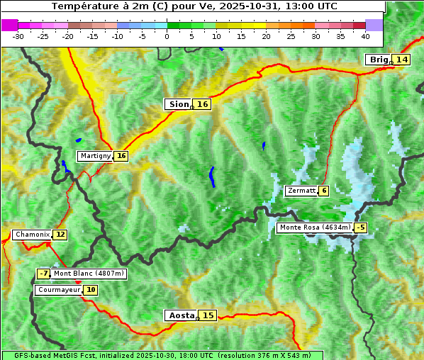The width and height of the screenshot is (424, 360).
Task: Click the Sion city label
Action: point(178,104)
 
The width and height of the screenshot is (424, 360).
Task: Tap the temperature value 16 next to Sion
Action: point(203,104)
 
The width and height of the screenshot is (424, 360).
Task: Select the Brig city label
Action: point(379,60)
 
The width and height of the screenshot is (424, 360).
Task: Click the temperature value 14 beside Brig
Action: point(402,60)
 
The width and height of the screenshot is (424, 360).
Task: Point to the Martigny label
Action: point(95,156)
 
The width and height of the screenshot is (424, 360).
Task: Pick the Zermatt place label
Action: point(301,191)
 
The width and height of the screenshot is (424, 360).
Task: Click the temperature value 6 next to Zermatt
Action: point(324,191)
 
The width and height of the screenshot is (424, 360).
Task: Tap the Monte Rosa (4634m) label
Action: point(315,227)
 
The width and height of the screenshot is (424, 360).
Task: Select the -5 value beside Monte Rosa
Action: point(361,227)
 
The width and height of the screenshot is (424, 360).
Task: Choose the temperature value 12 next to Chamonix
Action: point(60,235)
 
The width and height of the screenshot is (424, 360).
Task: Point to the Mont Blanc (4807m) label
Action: point(89,273)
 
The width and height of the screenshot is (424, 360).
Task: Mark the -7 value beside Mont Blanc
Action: point(44,273)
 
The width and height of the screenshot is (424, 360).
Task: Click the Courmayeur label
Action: point(59,290)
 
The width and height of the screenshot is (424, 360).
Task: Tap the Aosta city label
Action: point(180,315)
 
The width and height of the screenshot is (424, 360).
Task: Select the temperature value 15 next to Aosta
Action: point(207,315)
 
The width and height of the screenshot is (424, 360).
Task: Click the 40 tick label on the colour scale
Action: point(365,35)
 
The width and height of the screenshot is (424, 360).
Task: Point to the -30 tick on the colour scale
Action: point(18,35)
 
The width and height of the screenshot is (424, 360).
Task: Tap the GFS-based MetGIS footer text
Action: point(162,355)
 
